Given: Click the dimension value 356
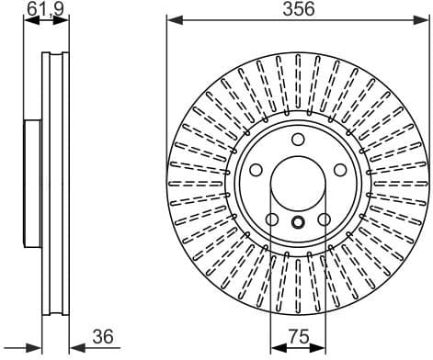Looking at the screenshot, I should coord(299,10).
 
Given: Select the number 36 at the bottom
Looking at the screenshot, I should coord(103,339).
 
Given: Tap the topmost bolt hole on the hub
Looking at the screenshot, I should coord(299,139).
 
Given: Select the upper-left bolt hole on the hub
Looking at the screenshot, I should coord(256,170).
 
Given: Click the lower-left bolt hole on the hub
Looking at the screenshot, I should coord(272,219).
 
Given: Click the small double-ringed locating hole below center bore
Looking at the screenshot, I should coord(299,222).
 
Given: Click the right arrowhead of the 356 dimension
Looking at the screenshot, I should coord(426,20).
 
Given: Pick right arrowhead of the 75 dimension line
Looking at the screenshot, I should coord(323,348).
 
